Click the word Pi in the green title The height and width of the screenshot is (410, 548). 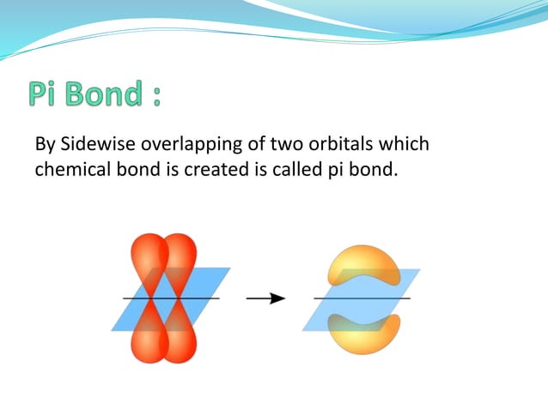46,94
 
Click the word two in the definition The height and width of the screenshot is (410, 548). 277,143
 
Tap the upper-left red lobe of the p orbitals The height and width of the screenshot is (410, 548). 146,257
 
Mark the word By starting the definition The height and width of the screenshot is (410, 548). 44,145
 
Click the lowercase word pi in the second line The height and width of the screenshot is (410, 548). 336,170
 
